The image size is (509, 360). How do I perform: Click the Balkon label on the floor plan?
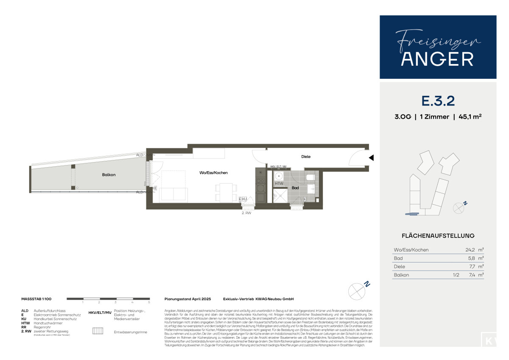point(109,175)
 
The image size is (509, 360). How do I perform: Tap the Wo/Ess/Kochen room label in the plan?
point(214,173)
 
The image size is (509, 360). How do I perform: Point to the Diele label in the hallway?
point(306,156)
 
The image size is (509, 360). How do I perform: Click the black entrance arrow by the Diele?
point(371,158)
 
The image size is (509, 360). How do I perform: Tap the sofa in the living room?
point(173,195)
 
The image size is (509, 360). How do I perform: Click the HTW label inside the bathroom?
point(279,184)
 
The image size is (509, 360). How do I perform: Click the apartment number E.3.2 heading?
point(438,101)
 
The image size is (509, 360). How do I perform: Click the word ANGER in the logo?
point(438,59)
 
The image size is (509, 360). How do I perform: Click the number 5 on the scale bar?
point(149,303)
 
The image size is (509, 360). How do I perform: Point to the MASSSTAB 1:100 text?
point(36,299)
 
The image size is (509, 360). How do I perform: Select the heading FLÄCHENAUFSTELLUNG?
point(438,236)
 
